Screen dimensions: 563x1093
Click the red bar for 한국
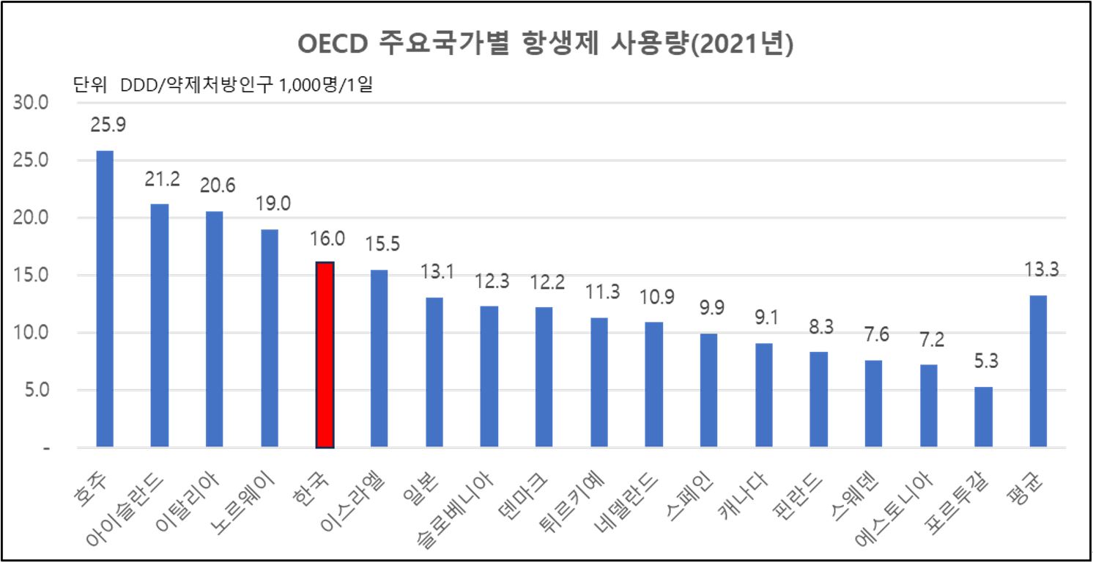pyautogui.click(x=325, y=355)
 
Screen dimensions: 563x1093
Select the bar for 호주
pyautogui.click(x=105, y=299)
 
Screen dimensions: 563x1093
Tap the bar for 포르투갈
pyautogui.click(x=984, y=417)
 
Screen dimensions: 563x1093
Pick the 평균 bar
pyautogui.click(x=1039, y=371)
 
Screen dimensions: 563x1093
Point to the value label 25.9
pyautogui.click(x=108, y=125)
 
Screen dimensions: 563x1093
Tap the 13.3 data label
pyautogui.click(x=1041, y=270)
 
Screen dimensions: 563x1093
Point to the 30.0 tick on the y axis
pyautogui.click(x=31, y=103)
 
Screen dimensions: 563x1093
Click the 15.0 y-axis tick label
pyautogui.click(x=31, y=276)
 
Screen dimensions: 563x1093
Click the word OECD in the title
pyautogui.click(x=333, y=45)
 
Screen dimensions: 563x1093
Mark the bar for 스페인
pyautogui.click(x=709, y=390)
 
